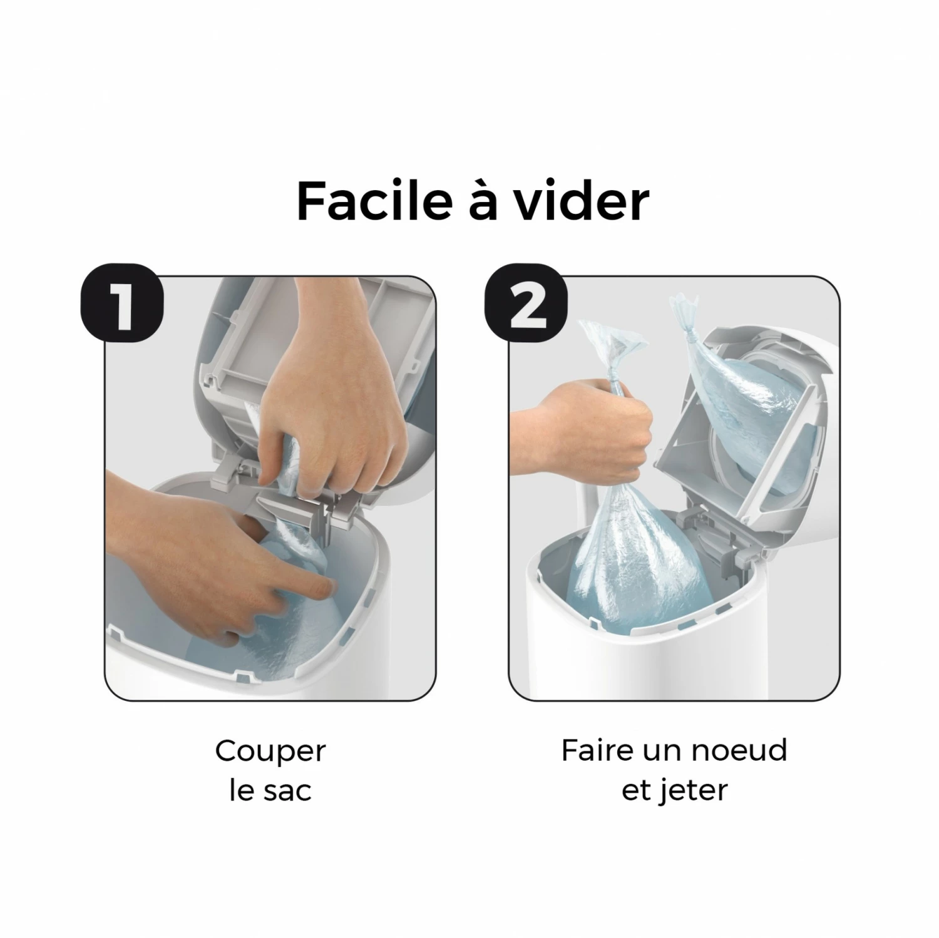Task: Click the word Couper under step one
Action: pos(270,752)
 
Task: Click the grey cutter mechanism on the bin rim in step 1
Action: pos(294,501)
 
